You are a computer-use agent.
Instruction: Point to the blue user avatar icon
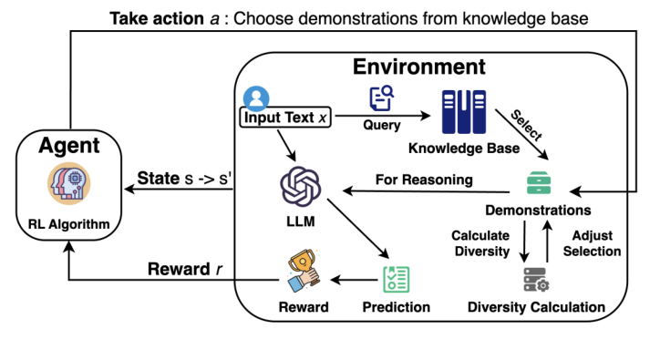[x=256, y=98]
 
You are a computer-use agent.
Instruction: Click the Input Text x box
[x=283, y=118]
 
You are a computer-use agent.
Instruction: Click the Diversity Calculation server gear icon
[x=535, y=278]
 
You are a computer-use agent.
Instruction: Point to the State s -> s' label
[x=185, y=178]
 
